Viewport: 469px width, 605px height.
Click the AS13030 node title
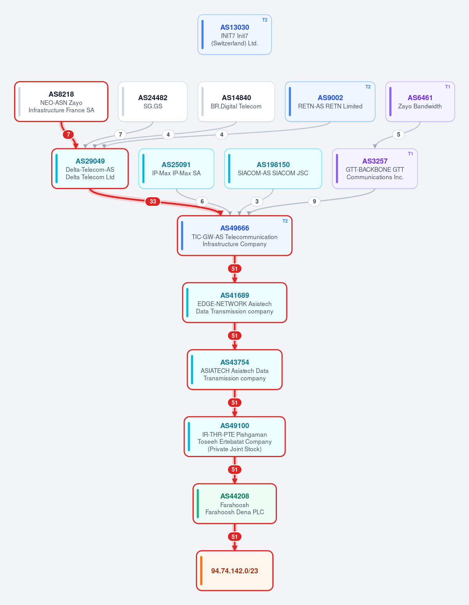coord(235,27)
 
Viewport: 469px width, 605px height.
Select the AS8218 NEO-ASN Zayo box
coord(61,102)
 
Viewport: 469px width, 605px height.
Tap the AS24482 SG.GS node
coord(153,102)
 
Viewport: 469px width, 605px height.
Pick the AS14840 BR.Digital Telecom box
coord(236,102)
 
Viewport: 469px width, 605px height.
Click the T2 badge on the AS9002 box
coord(368,87)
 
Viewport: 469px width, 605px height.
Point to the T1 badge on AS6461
coord(447,87)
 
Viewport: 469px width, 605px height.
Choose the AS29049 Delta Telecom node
coord(90,169)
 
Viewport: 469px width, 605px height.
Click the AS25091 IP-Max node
coord(176,169)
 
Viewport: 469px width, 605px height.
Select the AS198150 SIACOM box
coord(273,169)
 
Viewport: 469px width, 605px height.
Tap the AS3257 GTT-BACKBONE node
coord(375,169)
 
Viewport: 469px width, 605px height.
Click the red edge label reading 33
coord(153,201)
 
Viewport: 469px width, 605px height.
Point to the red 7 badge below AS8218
coord(68,135)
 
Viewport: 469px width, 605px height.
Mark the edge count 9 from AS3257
coord(314,201)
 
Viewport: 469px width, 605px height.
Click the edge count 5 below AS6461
coord(398,135)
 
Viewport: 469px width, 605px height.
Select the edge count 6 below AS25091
coord(202,201)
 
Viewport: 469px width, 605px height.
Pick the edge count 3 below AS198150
coord(257,201)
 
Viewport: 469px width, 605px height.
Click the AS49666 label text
coord(235,228)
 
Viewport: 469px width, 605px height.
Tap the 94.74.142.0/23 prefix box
coord(235,571)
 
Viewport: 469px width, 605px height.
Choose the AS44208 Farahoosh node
coord(235,504)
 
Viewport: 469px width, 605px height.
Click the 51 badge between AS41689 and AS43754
coord(235,335)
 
